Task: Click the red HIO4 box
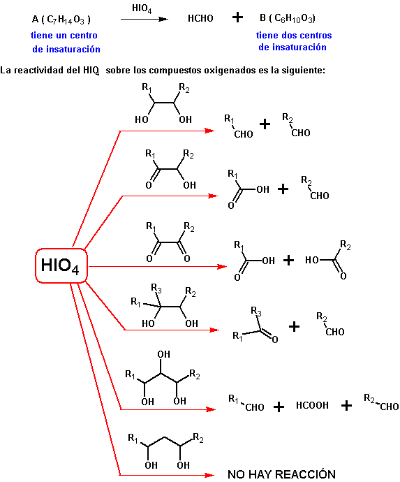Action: click(61, 265)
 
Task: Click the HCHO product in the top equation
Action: click(200, 18)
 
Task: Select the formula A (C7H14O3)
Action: click(61, 20)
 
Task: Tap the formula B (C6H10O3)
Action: click(288, 18)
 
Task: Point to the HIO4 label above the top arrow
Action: click(142, 8)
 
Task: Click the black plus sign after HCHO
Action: click(237, 17)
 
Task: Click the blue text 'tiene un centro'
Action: click(64, 36)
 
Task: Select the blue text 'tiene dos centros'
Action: click(294, 36)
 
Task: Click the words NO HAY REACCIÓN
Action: click(281, 474)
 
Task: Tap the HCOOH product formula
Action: click(312, 405)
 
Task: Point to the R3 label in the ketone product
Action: click(256, 311)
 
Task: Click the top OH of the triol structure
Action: click(164, 354)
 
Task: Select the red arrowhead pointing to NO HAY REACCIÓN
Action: click(209, 475)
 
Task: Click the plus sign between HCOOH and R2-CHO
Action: click(346, 406)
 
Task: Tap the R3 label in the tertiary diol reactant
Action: click(156, 288)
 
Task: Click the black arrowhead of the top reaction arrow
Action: click(163, 20)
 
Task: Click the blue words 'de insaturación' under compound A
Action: click(66, 49)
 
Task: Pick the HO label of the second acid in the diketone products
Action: click(312, 261)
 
